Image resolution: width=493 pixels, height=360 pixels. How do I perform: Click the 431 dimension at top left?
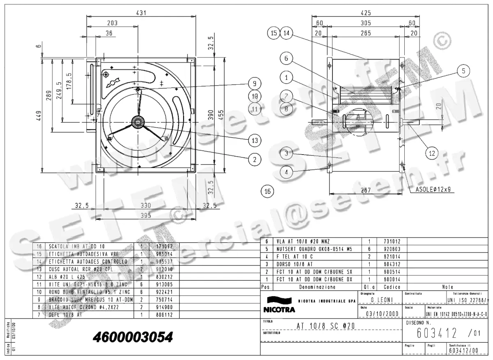tap(141, 13)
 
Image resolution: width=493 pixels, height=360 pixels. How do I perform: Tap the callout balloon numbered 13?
tap(255, 140)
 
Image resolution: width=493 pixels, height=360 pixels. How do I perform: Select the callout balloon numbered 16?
tap(267, 191)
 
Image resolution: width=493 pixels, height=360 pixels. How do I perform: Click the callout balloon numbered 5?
tap(463, 71)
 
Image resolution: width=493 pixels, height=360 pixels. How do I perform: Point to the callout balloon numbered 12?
tap(431, 153)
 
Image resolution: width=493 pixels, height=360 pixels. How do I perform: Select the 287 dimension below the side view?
tap(366, 190)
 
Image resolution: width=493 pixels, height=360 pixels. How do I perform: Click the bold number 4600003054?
tap(133, 337)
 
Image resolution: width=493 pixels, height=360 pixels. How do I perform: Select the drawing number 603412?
tap(436, 332)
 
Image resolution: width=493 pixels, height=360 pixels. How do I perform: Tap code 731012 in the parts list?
tap(392, 242)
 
